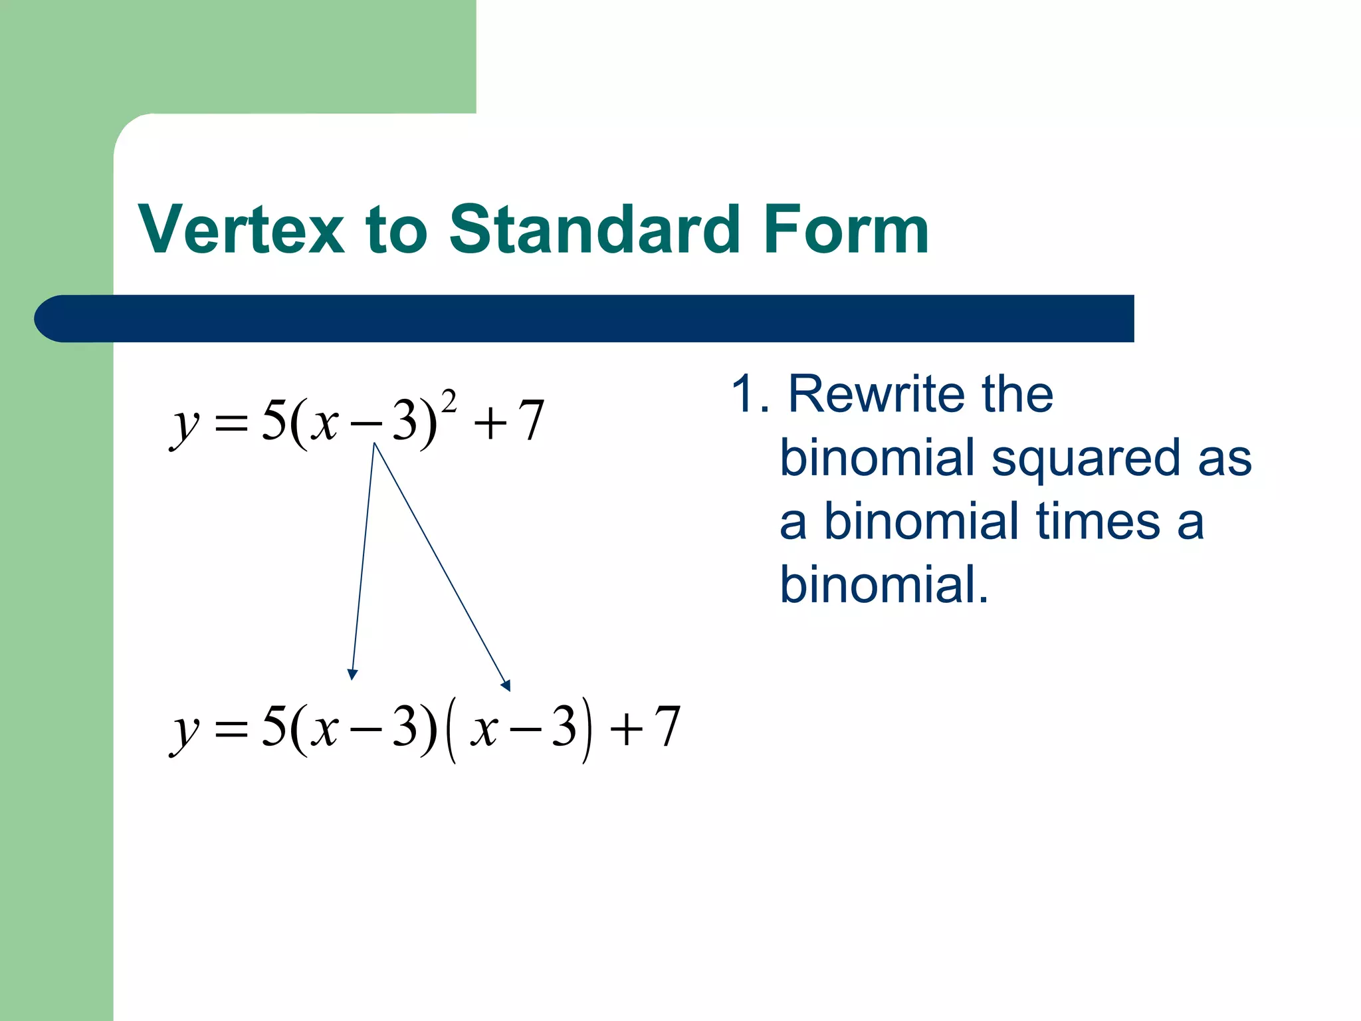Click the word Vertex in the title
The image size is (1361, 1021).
point(241,230)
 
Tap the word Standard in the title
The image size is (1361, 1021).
point(595,230)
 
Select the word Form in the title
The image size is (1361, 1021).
point(846,230)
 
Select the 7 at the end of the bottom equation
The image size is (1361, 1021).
point(667,727)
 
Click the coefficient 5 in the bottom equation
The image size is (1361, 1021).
point(274,726)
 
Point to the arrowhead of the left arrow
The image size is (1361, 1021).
point(353,674)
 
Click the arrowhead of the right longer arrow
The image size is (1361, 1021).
point(506,685)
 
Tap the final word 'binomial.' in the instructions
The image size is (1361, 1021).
point(884,585)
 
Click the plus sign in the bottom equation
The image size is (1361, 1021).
point(626,730)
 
